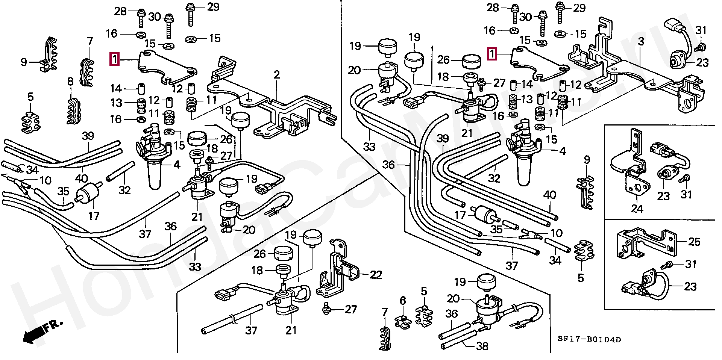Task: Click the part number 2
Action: [277, 75]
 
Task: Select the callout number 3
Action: [641, 41]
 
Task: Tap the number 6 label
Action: [403, 301]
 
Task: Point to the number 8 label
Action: [70, 82]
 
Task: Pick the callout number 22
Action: [376, 275]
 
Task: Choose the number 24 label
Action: [637, 209]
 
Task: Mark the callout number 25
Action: [694, 242]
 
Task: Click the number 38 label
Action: [482, 346]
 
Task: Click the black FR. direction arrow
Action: [33, 333]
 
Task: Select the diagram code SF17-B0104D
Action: [589, 340]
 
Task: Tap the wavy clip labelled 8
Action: [71, 111]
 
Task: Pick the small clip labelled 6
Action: [403, 320]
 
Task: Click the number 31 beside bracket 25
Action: [691, 265]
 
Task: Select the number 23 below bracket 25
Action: [690, 287]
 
